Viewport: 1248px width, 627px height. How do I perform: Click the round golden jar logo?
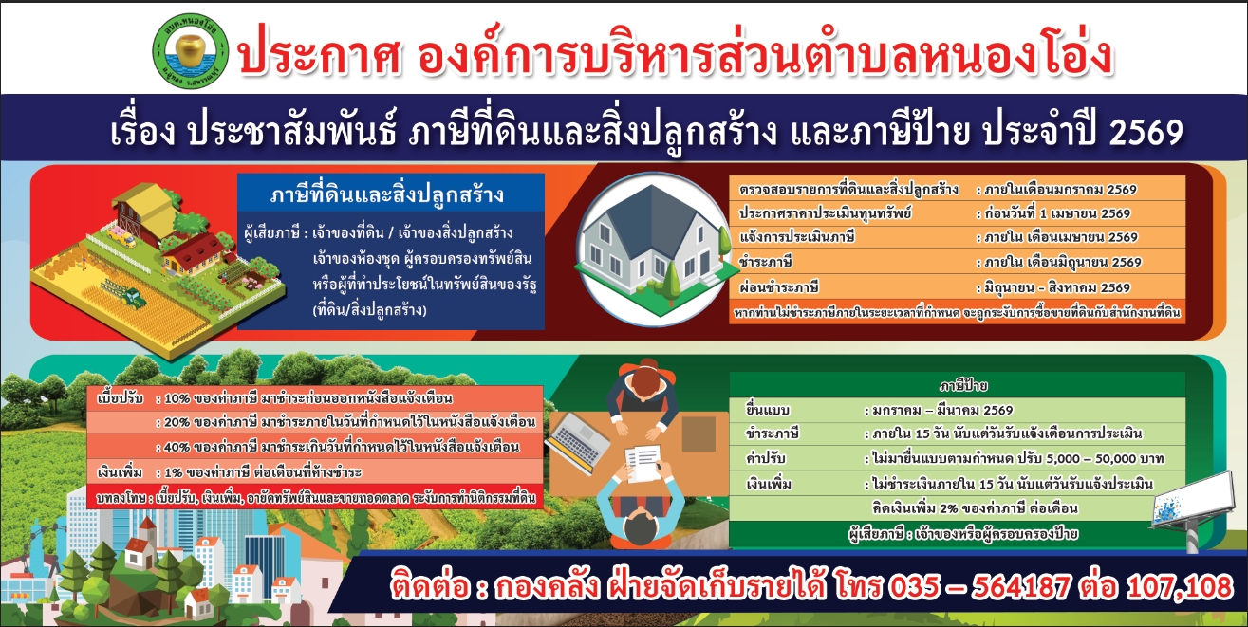coord(191,51)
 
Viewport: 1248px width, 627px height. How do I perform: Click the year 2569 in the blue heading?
coord(1146,133)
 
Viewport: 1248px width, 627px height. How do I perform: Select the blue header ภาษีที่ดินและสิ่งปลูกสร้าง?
coord(386,194)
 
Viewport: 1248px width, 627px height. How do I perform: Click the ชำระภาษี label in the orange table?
coord(766,262)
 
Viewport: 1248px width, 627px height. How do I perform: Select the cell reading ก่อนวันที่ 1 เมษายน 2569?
coord(1057,213)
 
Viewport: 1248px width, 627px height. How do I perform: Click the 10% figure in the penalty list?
coord(177,398)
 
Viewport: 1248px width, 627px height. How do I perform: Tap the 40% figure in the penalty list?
coord(177,448)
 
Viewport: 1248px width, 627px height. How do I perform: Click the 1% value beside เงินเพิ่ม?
coord(174,472)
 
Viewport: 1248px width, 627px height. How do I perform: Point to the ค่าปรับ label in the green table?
coord(766,458)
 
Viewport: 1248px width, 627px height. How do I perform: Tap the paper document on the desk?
coord(643,463)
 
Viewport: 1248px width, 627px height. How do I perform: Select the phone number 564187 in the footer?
coord(1020,587)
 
